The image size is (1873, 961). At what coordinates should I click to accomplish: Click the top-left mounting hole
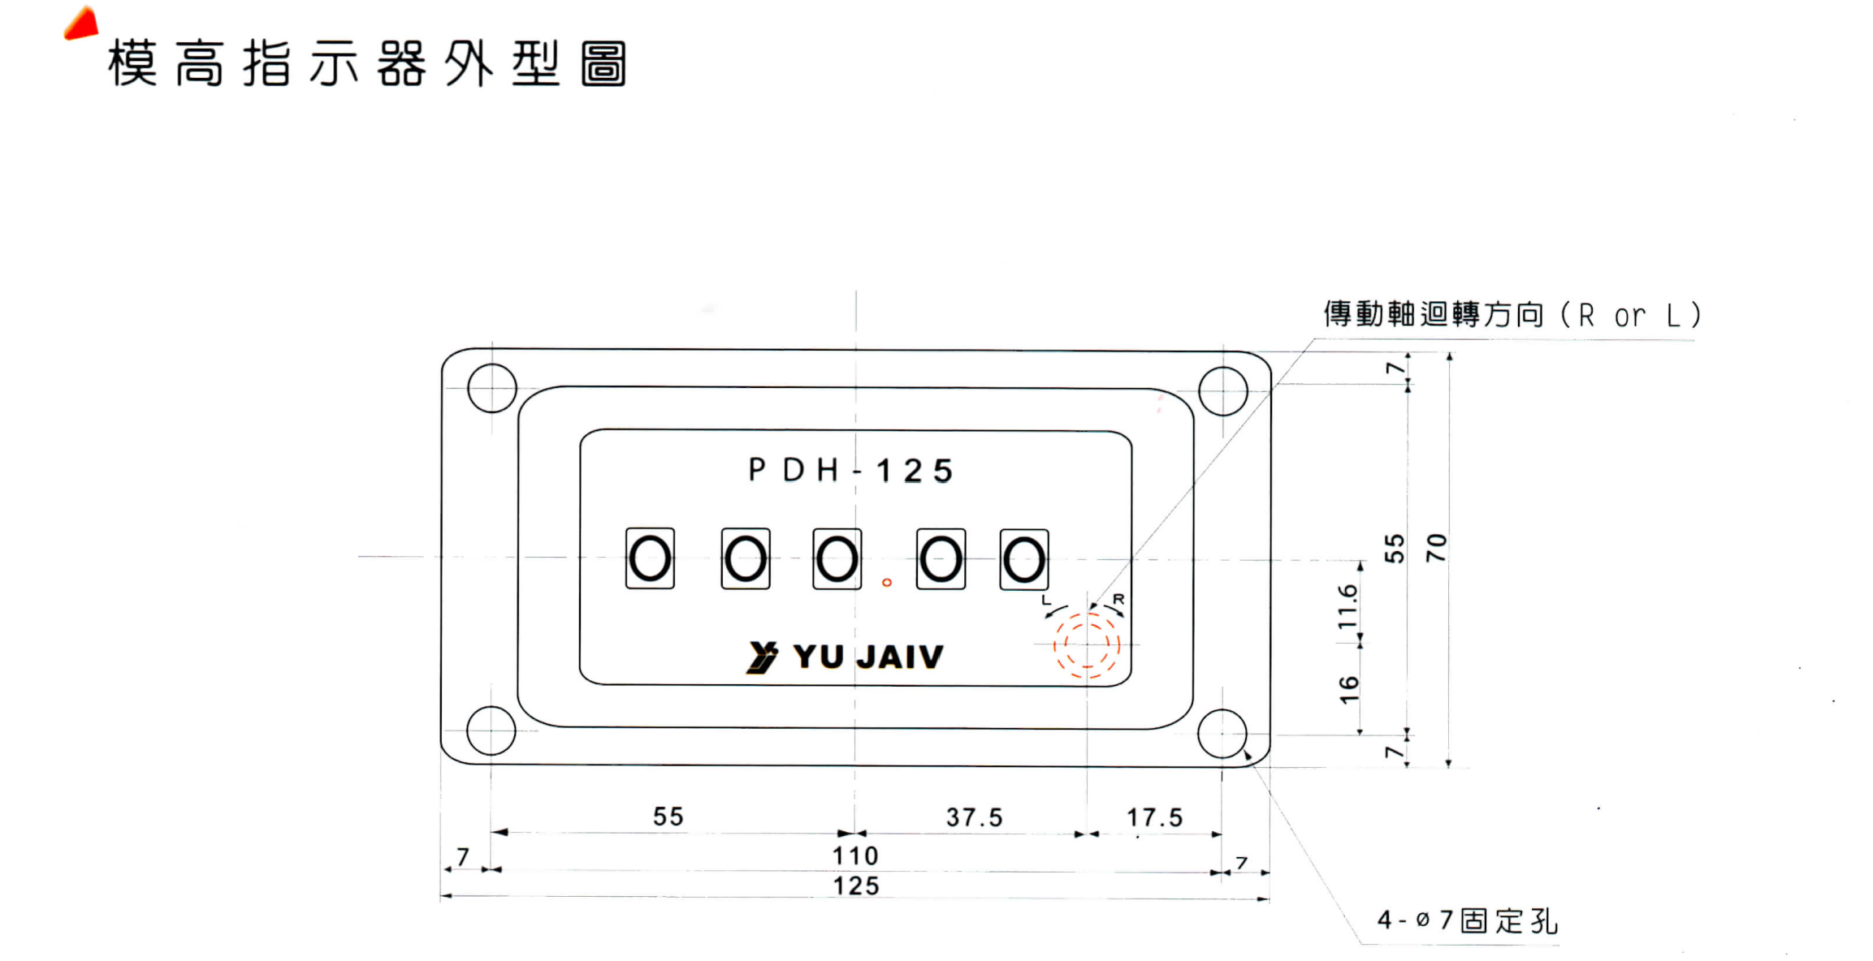tap(491, 388)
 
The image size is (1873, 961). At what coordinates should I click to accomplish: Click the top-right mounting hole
tap(1222, 390)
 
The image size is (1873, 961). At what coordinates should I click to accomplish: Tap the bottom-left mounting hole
tap(491, 730)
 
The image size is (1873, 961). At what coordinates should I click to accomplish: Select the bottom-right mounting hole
tap(1222, 733)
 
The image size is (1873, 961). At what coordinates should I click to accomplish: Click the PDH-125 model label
tap(850, 471)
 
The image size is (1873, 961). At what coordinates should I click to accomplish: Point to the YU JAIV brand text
tap(867, 657)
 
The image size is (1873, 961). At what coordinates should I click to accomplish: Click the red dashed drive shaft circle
tap(1087, 644)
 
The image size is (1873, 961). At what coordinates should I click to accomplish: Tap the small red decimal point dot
tap(887, 582)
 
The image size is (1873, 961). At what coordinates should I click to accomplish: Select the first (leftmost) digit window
tap(650, 558)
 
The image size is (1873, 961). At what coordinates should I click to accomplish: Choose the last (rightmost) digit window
tap(1023, 560)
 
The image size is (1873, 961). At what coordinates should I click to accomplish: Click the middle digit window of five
tap(837, 559)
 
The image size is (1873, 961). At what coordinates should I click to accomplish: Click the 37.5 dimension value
tap(974, 817)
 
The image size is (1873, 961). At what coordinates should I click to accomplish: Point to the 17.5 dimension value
tap(1154, 817)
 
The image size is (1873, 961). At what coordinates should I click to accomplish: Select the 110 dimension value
tap(854, 855)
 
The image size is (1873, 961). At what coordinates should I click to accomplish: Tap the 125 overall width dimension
tap(856, 886)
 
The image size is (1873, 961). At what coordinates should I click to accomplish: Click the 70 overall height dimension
tap(1436, 548)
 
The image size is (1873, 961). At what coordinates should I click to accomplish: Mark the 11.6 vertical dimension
tap(1348, 605)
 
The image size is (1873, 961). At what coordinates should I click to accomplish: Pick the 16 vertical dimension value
tap(1348, 689)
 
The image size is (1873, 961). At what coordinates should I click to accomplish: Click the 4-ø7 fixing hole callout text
tap(1467, 920)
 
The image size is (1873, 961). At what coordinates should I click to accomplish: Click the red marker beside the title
tap(82, 24)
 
